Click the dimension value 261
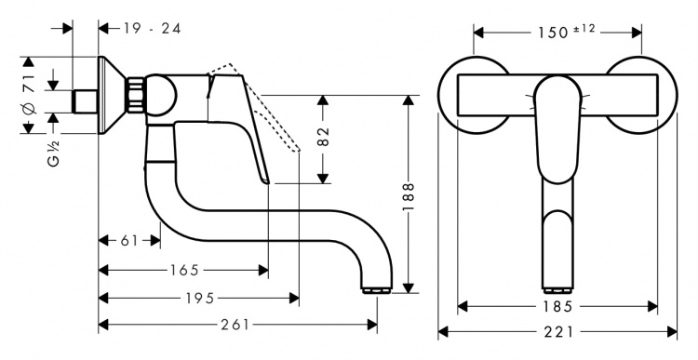click(235, 326)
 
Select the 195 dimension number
click(200, 299)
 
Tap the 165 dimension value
click(184, 270)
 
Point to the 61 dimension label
click(130, 241)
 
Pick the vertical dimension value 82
click(324, 137)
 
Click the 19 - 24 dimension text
click(152, 29)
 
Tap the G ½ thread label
click(53, 153)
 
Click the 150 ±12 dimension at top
click(566, 32)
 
